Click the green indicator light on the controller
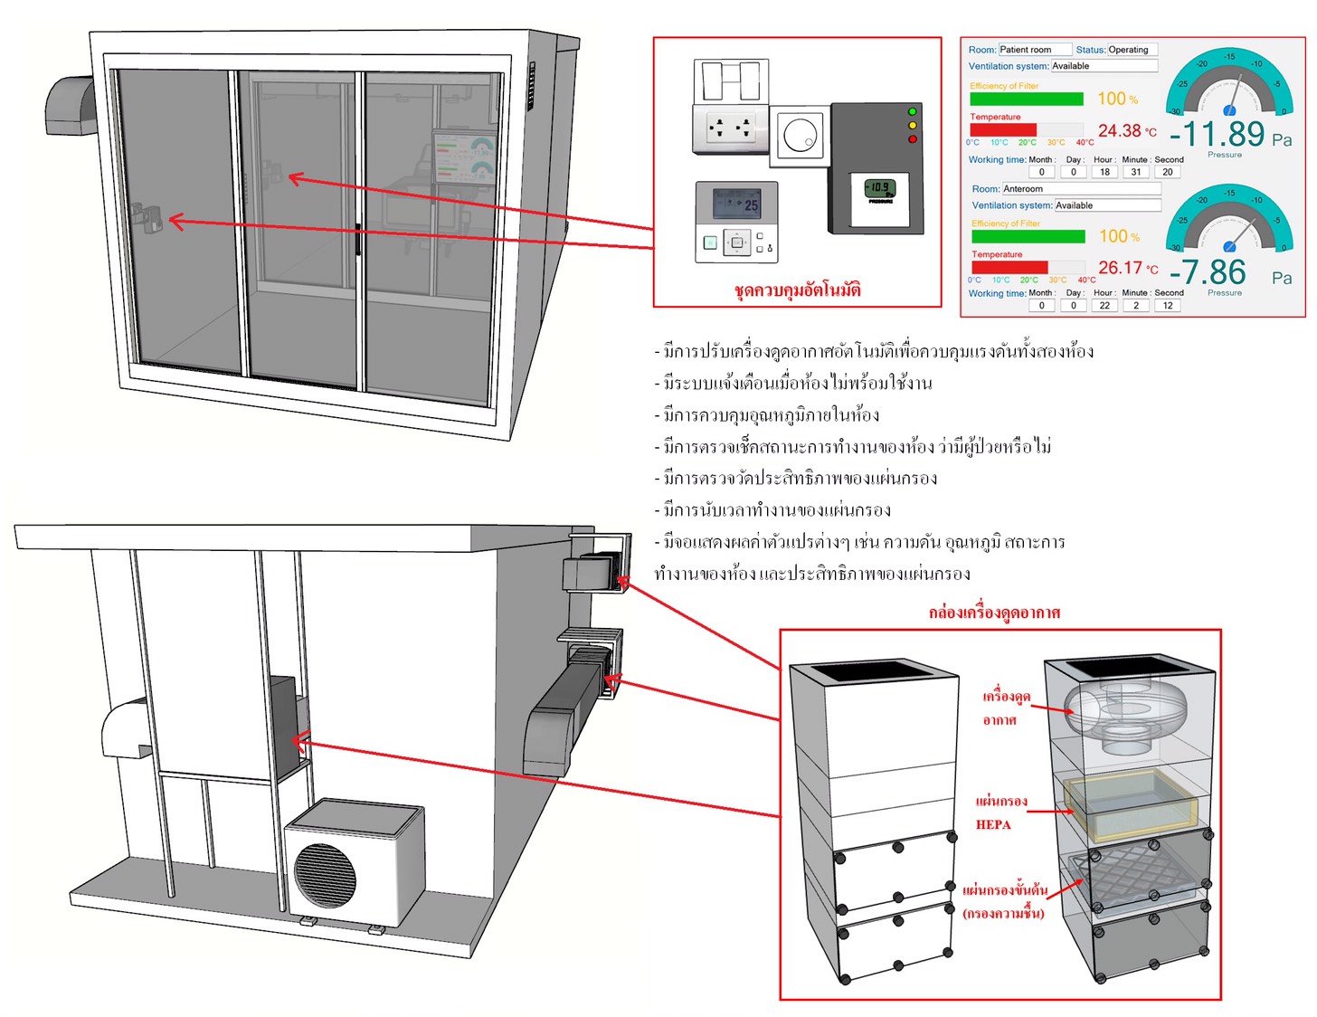coord(912,111)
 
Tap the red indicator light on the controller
coord(912,139)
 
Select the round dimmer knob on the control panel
coord(798,138)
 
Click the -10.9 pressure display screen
coord(878,189)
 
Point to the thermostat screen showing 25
coord(736,204)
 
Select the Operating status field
coord(1132,50)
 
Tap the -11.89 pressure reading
coord(1217,135)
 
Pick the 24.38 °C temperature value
coord(1127,131)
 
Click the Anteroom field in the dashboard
coord(1080,189)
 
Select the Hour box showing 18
coord(1104,172)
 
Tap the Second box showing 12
coord(1168,306)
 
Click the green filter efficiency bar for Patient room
coord(1026,99)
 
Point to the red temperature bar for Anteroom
coord(1009,267)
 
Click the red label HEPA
coord(993,824)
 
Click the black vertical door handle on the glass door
coord(358,239)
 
